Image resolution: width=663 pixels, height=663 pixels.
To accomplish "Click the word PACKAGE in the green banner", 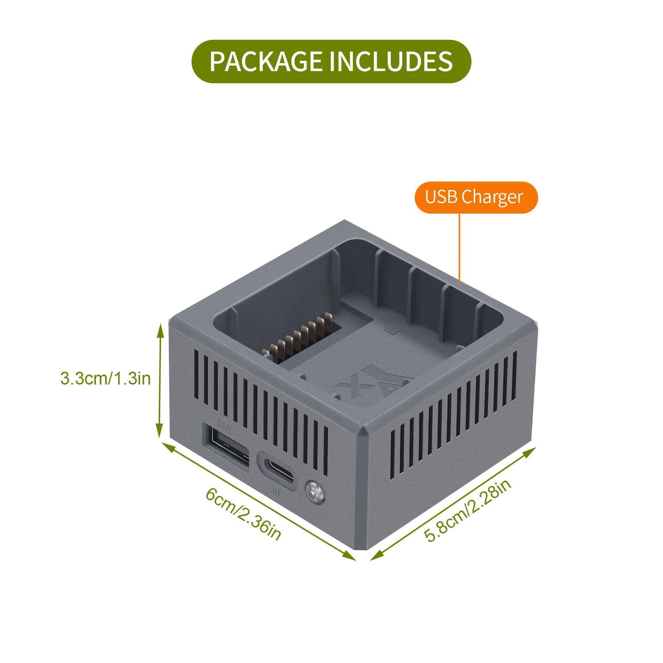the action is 265,62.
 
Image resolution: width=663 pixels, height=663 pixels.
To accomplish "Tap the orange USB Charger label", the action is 476,197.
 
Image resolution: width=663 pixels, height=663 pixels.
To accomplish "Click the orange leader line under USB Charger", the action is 459,247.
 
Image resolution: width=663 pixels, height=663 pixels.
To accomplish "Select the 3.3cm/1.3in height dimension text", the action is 106,379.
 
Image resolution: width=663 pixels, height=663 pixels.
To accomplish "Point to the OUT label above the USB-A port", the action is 224,427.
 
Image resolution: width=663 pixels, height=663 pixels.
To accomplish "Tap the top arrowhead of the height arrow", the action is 160,330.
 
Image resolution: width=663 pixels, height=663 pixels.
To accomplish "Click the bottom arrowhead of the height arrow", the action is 159,432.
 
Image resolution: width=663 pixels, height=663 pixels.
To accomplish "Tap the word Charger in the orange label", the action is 492,197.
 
